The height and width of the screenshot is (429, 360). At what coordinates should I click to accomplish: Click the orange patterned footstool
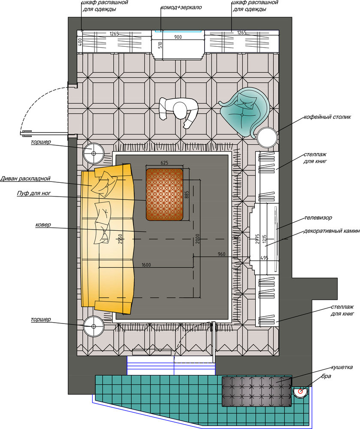coord(164,194)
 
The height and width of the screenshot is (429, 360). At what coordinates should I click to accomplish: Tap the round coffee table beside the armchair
coord(267,137)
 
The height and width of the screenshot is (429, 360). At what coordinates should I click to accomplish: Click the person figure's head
coord(180,110)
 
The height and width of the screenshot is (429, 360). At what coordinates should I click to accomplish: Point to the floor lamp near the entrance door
coord(94,154)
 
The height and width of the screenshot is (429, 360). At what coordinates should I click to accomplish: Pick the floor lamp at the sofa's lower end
coord(94,326)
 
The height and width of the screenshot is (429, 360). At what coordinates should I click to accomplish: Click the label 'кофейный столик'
coord(327,117)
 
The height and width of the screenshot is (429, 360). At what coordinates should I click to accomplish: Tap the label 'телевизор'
coord(318,218)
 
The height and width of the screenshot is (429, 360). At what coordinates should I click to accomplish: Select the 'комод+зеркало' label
coord(181,7)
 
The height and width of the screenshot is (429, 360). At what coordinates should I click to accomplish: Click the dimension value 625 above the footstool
coord(164,163)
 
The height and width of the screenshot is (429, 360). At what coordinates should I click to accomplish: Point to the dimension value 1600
coord(146,265)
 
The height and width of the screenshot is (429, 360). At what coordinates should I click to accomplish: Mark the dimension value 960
coord(221,254)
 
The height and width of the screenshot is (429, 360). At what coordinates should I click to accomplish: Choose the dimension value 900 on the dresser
coord(178,37)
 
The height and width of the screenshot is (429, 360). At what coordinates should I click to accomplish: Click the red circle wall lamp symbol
coord(300,392)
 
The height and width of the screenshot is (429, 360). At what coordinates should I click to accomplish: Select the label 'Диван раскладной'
coord(25,178)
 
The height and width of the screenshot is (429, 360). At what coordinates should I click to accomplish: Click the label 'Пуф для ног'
coord(34,193)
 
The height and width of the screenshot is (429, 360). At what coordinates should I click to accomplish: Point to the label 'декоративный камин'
coord(332,231)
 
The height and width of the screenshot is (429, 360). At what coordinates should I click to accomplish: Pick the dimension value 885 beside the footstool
coord(187,194)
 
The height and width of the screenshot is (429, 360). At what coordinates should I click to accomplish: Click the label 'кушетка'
coord(342,367)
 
